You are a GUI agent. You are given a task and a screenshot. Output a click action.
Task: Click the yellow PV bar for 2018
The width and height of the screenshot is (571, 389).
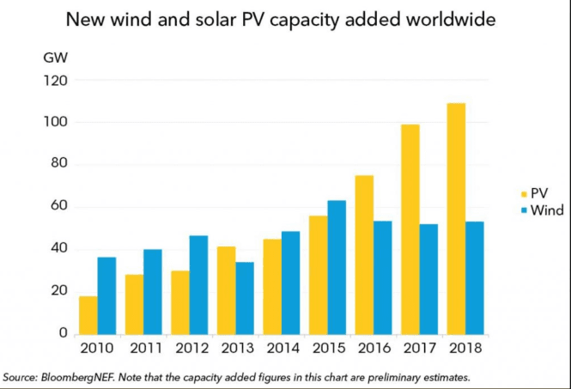[x=456, y=218]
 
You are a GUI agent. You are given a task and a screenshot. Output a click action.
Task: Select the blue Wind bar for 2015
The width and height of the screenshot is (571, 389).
[x=337, y=267]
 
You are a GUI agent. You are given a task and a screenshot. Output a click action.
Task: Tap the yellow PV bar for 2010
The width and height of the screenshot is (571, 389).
[x=87, y=315]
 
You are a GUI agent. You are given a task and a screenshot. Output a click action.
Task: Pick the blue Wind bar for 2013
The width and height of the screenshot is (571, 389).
[x=245, y=298]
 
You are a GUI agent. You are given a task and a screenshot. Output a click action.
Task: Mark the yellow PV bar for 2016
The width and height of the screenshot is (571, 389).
[x=363, y=254]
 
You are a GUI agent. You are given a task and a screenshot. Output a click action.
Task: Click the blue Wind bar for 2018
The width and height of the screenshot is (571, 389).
[x=476, y=277]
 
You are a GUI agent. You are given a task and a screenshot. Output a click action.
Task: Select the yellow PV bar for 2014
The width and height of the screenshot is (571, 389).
[x=271, y=287]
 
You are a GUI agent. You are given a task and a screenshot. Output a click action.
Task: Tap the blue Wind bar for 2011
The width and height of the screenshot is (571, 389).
[x=153, y=291]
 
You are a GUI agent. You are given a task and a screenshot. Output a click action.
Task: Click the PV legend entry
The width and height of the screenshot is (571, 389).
[x=538, y=194]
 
